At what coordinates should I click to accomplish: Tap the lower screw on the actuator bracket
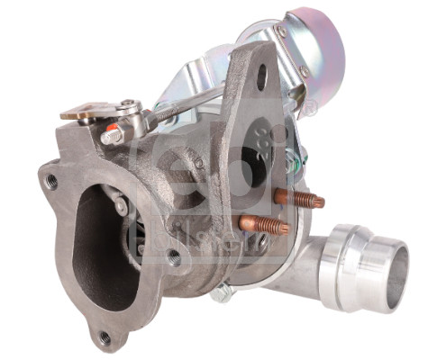[304, 71]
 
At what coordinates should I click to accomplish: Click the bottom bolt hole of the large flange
[105, 337]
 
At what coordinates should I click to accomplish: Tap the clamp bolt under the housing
[222, 292]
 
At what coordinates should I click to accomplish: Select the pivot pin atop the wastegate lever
[132, 106]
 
